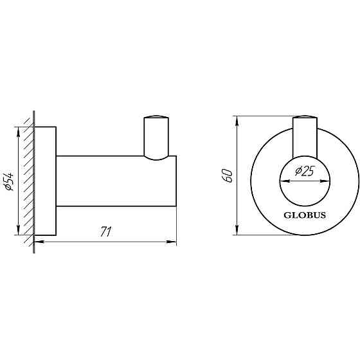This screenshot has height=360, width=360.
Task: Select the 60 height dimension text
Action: tap(226, 175)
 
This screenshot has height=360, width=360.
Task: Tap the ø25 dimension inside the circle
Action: tap(304, 172)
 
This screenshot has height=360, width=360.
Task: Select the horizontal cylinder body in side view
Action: tap(116, 181)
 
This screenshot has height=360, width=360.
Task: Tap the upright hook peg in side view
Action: tap(156, 137)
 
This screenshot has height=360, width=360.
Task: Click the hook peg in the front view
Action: tap(305, 136)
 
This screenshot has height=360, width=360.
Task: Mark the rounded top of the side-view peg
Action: tap(156, 117)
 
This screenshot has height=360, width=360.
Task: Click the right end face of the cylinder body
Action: tap(175, 181)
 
